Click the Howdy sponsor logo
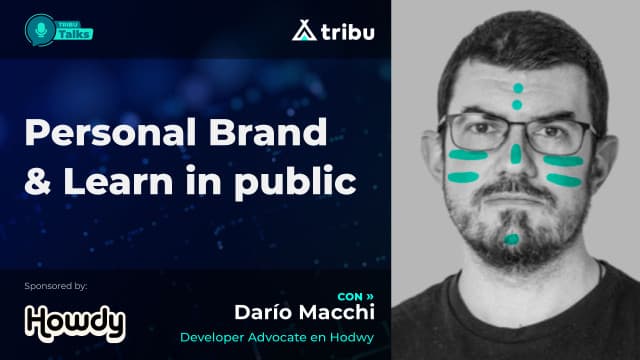[x=74, y=322]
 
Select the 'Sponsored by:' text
[x=58, y=286]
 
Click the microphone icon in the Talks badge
[x=40, y=29]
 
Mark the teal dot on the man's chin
[x=512, y=239]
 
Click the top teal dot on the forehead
[x=517, y=88]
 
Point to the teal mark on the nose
[x=516, y=154]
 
